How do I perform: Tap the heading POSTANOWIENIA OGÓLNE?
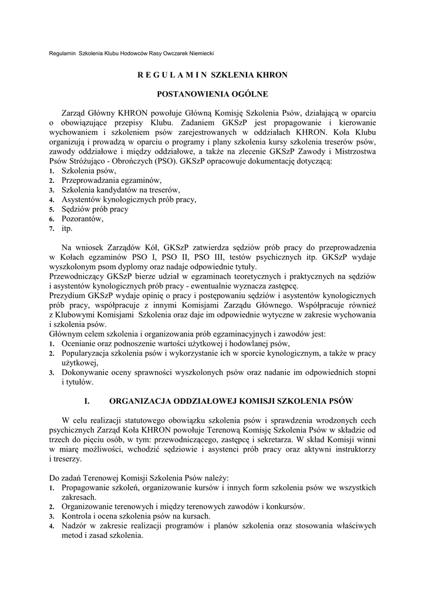[x=212, y=93]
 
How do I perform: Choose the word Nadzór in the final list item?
[x=74, y=526]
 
